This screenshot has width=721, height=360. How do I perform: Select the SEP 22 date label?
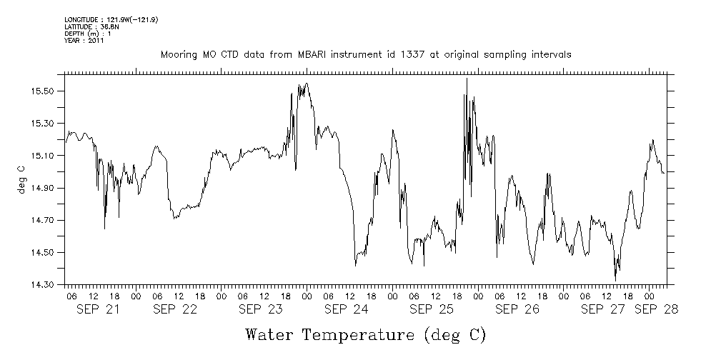(174, 309)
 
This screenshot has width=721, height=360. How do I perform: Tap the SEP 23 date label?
(260, 309)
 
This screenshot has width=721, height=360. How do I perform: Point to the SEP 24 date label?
(346, 309)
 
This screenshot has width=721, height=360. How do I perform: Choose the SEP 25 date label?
(432, 309)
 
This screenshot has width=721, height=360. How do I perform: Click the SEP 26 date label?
(517, 309)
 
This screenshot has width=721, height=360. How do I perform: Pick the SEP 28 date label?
(656, 309)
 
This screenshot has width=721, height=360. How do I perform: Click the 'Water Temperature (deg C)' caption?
(366, 334)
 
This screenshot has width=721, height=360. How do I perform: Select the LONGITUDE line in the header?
(111, 19)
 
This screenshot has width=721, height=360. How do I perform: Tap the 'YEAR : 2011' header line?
(84, 41)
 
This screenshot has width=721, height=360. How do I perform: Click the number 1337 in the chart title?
(403, 55)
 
